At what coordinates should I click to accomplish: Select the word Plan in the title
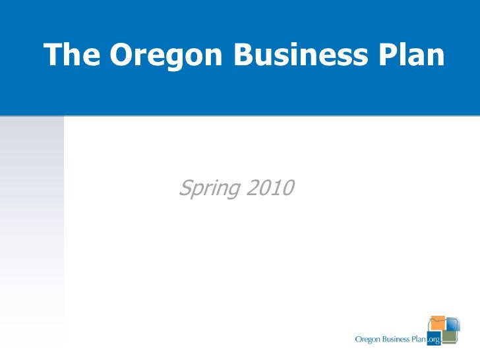(x=413, y=56)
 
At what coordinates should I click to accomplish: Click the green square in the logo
(x=449, y=337)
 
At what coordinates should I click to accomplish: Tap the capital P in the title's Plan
(x=388, y=56)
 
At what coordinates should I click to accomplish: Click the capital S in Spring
(x=185, y=189)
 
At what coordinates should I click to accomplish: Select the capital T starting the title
(x=51, y=56)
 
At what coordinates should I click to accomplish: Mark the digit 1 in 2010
(x=276, y=189)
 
